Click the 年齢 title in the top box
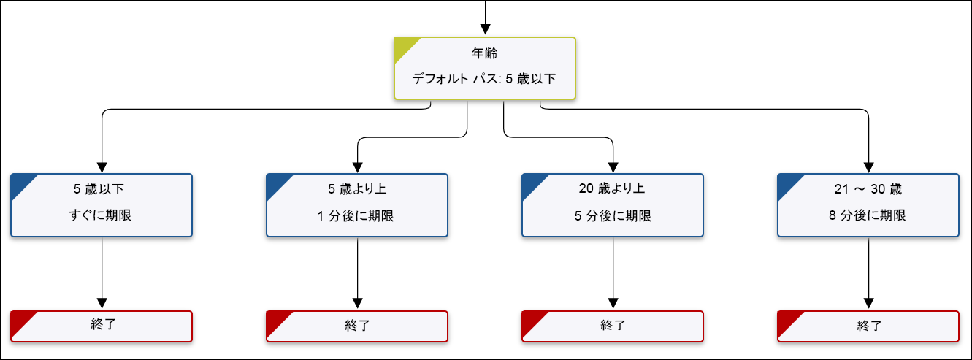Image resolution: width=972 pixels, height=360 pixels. (x=485, y=53)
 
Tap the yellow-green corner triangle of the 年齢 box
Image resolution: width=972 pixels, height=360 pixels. (x=403, y=47)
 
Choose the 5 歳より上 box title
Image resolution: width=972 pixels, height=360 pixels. (x=357, y=189)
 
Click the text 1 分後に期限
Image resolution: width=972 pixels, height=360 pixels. (x=357, y=215)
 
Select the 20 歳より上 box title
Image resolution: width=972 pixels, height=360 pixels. (x=612, y=189)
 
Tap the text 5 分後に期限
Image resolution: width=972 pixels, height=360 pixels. (x=612, y=215)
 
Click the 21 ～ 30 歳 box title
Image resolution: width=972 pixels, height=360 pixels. (x=868, y=189)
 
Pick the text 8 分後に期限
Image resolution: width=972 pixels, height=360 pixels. (x=868, y=215)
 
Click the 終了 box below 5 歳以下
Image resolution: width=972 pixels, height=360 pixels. (x=102, y=326)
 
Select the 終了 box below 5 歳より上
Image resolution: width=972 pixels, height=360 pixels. (x=357, y=326)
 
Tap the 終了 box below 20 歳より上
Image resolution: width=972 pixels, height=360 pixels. (x=613, y=326)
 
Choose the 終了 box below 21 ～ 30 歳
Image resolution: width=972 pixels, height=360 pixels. (x=868, y=326)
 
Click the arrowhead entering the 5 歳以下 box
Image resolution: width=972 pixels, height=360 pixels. (x=102, y=166)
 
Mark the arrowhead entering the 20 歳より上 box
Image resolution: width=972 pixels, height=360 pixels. (x=613, y=166)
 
